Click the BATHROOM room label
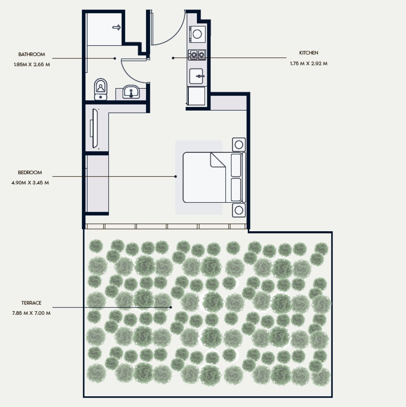pyautogui.click(x=32, y=54)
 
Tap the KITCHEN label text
pyautogui.click(x=308, y=53)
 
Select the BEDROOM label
pyautogui.click(x=30, y=173)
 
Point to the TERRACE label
pyautogui.click(x=31, y=303)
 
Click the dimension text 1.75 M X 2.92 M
pyautogui.click(x=308, y=64)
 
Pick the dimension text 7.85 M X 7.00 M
pyautogui.click(x=31, y=313)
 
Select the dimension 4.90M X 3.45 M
pyautogui.click(x=30, y=183)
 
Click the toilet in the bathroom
pyautogui.click(x=100, y=89)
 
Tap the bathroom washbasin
pyautogui.click(x=131, y=92)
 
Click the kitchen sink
pyautogui.click(x=196, y=76)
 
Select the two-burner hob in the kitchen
pyautogui.click(x=197, y=55)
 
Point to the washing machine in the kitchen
pyautogui.click(x=197, y=34)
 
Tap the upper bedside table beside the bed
pyautogui.click(x=239, y=145)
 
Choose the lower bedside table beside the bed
pyautogui.click(x=239, y=210)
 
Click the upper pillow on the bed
pyautogui.click(x=236, y=165)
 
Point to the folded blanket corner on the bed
pyautogui.click(x=218, y=160)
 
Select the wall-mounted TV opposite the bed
pyautogui.click(x=95, y=129)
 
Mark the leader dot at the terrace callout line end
pyautogui.click(x=171, y=307)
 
